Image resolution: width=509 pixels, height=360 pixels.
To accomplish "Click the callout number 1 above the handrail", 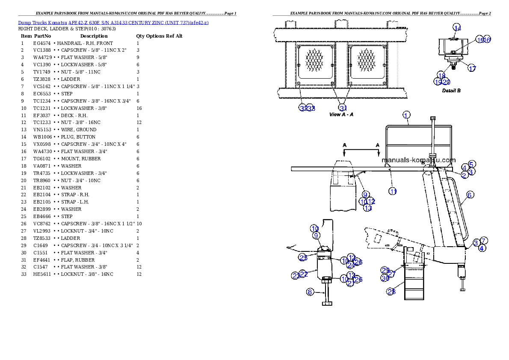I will (406, 115).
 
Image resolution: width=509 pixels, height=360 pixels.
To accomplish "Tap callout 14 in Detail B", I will (457, 28).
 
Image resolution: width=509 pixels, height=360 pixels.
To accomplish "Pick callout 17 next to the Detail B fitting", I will (471, 68).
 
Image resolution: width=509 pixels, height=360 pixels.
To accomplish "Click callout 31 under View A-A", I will (343, 108).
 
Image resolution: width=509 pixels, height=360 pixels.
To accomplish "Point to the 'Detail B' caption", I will (451, 91).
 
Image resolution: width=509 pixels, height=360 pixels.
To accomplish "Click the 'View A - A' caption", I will (341, 115).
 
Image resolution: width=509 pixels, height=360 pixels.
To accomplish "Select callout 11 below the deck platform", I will (393, 191).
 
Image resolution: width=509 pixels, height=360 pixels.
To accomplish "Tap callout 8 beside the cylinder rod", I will (311, 292).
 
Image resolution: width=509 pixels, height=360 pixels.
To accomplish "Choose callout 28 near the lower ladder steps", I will (391, 292).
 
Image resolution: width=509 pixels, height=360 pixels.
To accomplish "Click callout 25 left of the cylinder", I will (303, 257).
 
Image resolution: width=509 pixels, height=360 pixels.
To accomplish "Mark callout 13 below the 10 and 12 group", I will (368, 208).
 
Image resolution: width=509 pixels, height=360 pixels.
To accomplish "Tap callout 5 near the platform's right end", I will (471, 164).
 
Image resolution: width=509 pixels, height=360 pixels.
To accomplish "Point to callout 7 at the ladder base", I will (483, 241).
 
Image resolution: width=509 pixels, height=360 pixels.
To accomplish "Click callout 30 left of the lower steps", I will (385, 278).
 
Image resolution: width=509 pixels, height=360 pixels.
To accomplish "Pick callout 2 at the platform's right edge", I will (464, 175).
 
